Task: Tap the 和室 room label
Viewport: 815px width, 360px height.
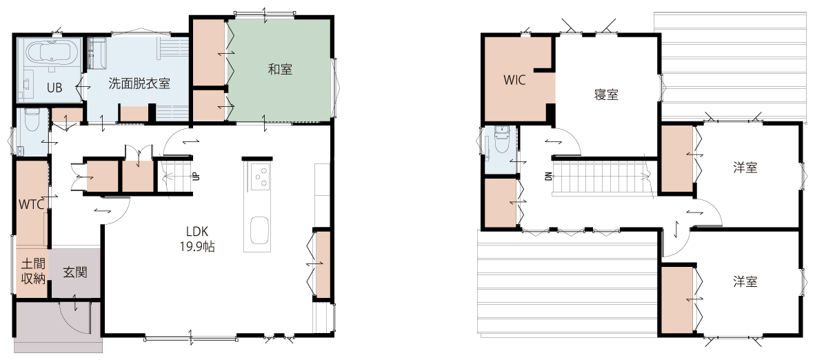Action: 280,70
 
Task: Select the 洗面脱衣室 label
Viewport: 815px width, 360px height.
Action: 139,83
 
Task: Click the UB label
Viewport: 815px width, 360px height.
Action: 54,88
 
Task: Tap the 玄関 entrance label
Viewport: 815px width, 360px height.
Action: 75,272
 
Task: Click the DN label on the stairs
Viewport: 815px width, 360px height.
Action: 549,177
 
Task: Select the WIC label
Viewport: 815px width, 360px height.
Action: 514,80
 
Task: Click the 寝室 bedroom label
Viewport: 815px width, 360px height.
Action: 606,94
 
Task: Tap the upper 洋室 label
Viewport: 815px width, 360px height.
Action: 745,168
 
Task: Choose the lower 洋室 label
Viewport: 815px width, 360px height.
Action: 745,282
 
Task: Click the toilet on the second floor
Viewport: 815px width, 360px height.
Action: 501,139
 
